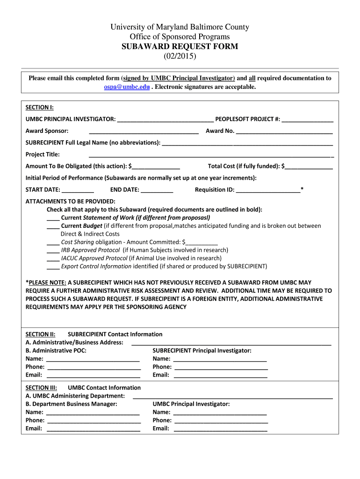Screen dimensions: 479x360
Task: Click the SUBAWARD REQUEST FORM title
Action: click(180, 46)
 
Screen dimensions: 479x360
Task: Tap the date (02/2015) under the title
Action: click(180, 56)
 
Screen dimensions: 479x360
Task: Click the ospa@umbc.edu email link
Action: click(127, 87)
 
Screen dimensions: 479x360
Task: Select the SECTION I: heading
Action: click(39, 108)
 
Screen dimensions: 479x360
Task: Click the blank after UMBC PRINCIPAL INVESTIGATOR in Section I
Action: click(166, 120)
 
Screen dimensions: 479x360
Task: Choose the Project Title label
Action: click(43, 154)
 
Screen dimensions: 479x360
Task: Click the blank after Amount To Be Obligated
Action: click(156, 167)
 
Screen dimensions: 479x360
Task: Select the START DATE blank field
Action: click(78, 190)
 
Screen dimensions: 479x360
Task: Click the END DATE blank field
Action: click(157, 190)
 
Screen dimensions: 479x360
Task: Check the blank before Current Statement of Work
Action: click(53, 218)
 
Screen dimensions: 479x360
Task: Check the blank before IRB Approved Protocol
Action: click(53, 251)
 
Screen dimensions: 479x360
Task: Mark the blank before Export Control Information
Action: click(53, 267)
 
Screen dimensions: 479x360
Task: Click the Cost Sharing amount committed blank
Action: click(202, 243)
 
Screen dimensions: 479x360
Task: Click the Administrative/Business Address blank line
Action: click(231, 343)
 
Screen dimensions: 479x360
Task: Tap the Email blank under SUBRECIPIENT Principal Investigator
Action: click(220, 375)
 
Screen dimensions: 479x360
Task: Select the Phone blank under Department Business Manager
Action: click(93, 421)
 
